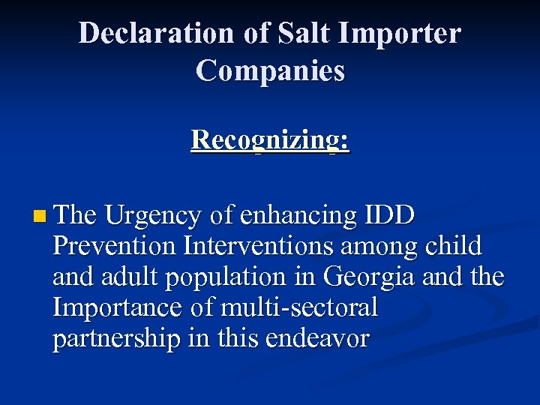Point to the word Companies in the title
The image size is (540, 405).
tap(270, 70)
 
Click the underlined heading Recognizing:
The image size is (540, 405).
tap(270, 140)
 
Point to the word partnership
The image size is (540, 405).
tap(116, 339)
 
